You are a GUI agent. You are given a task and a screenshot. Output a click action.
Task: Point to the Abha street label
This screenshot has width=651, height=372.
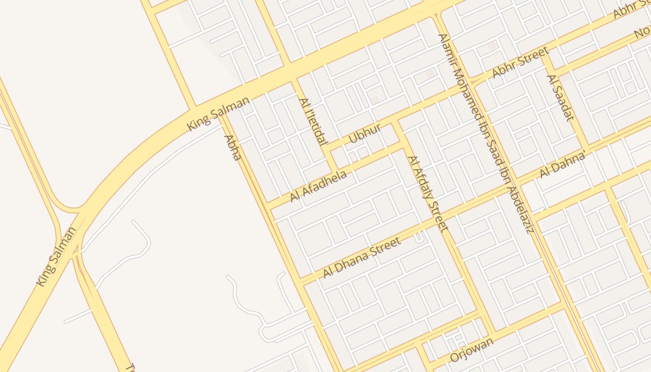[x=232, y=148]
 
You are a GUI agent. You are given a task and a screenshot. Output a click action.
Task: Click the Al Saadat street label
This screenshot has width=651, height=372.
[x=560, y=98]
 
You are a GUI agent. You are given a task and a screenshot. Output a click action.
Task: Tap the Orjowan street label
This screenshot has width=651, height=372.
[x=472, y=350]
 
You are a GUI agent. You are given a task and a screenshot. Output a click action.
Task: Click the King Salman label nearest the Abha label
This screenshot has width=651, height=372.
[x=218, y=113]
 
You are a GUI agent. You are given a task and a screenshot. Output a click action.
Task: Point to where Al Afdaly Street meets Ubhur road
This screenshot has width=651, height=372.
[x=396, y=122]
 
